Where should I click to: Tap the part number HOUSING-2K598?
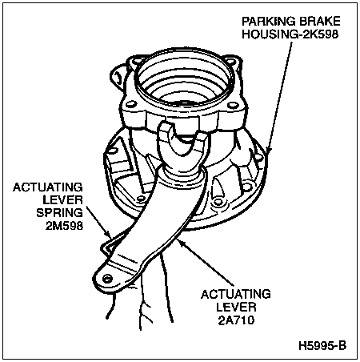[x=290, y=34]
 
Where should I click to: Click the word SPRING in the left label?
[x=59, y=213]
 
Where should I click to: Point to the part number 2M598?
[x=64, y=226]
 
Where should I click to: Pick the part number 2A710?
[x=236, y=320]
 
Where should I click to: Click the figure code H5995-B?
[x=322, y=346]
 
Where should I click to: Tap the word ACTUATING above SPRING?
[x=48, y=187]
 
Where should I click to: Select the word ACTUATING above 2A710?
[x=236, y=294]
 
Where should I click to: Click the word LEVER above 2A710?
[x=236, y=307]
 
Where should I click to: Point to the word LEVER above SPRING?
[x=62, y=200]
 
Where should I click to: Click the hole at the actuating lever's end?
[x=107, y=279]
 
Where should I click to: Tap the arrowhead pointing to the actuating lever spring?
[x=109, y=234]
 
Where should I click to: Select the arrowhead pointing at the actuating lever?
[x=180, y=243]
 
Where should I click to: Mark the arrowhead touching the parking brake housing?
[x=268, y=150]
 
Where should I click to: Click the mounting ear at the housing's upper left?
[x=118, y=78]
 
